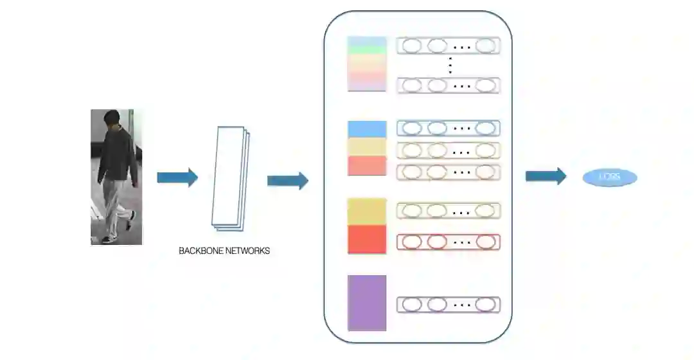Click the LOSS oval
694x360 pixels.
pyautogui.click(x=610, y=177)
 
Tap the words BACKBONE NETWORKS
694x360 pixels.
pyautogui.click(x=224, y=251)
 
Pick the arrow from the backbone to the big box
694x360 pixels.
pyautogui.click(x=287, y=181)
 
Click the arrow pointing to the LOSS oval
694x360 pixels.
pyautogui.click(x=546, y=176)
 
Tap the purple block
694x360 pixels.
pyautogui.click(x=367, y=303)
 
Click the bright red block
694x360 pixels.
pyautogui.click(x=367, y=239)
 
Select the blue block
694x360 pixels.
pyautogui.click(x=367, y=129)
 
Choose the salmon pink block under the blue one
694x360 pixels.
pyautogui.click(x=367, y=165)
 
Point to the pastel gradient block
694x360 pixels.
pyautogui.click(x=367, y=64)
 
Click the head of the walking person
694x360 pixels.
pyautogui.click(x=113, y=120)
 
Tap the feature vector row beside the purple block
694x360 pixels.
pyautogui.click(x=448, y=305)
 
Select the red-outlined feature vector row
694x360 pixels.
pyautogui.click(x=448, y=242)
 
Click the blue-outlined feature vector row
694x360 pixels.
pyautogui.click(x=448, y=128)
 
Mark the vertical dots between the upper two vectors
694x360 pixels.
pyautogui.click(x=450, y=65)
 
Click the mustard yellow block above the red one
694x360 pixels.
pyautogui.click(x=367, y=212)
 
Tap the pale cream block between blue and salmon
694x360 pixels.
pyautogui.click(x=367, y=147)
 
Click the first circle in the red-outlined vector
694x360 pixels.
pyautogui.click(x=412, y=242)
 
